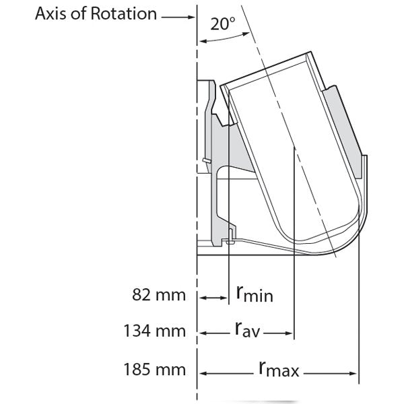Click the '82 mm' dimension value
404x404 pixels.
point(155,296)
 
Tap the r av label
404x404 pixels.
point(249,331)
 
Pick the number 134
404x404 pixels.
point(137,332)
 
